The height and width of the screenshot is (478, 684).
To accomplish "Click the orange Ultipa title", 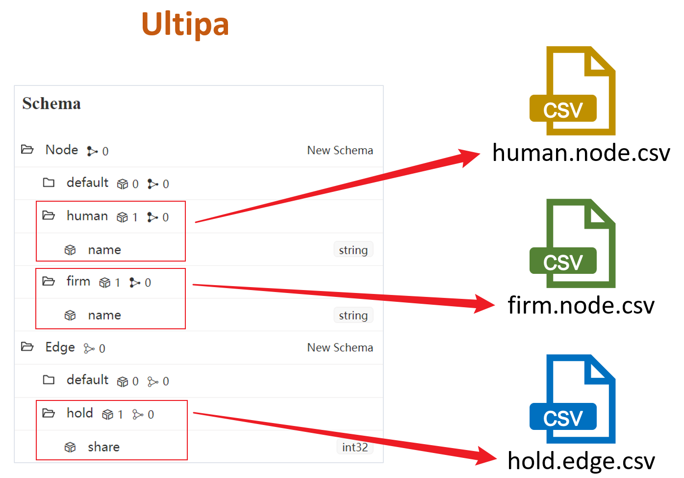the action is pyautogui.click(x=185, y=25).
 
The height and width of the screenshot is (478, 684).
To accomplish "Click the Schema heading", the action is pyautogui.click(x=51, y=103).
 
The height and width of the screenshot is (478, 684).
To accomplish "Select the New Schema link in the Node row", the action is pyautogui.click(x=340, y=150).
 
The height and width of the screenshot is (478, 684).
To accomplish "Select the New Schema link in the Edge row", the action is pyautogui.click(x=340, y=347).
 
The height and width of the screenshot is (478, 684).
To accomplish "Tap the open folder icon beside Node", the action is pyautogui.click(x=27, y=150).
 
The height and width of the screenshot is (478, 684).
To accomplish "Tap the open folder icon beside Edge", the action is pyautogui.click(x=27, y=346).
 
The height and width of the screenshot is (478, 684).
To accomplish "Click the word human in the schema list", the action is pyautogui.click(x=87, y=216).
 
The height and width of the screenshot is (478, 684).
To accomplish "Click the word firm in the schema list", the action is pyautogui.click(x=78, y=281).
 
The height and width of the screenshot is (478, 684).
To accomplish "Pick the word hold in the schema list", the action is pyautogui.click(x=80, y=413).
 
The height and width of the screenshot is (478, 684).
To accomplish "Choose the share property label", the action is pyautogui.click(x=104, y=447).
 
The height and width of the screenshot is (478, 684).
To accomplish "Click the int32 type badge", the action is pyautogui.click(x=355, y=447).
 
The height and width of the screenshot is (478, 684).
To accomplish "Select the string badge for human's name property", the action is pyautogui.click(x=354, y=250).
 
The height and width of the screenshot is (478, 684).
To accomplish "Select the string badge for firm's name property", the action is pyautogui.click(x=354, y=315).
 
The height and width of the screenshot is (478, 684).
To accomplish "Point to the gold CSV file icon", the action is pyautogui.click(x=572, y=91).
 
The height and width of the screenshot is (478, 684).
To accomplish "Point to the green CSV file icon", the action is pyautogui.click(x=572, y=243).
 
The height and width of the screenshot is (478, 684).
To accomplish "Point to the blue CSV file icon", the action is pyautogui.click(x=572, y=399).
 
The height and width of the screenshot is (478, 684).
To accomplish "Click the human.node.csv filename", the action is pyautogui.click(x=581, y=152).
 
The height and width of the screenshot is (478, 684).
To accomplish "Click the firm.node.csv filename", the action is pyautogui.click(x=581, y=305).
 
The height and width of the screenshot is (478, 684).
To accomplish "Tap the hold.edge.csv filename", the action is pyautogui.click(x=581, y=461).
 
